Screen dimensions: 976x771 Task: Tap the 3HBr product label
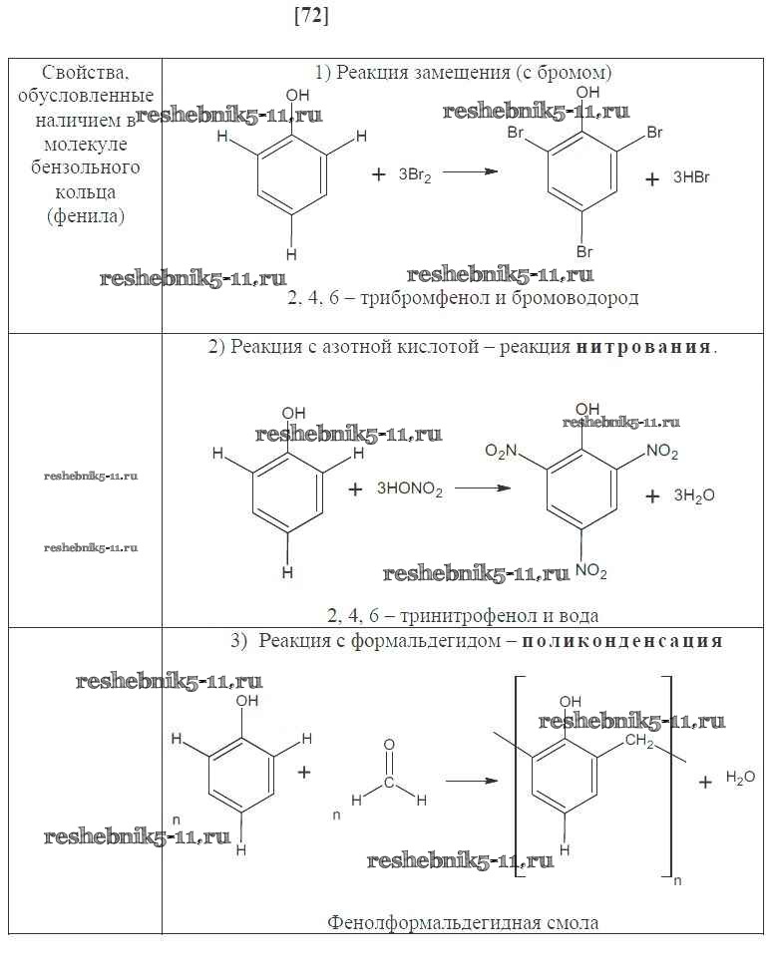click(x=690, y=178)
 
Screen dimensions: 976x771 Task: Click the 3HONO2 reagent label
click(x=410, y=489)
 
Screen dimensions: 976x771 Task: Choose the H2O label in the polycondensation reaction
click(x=740, y=777)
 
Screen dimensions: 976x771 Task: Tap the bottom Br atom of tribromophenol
click(x=584, y=252)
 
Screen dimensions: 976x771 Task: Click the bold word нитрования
click(x=644, y=347)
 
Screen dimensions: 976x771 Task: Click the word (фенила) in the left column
click(x=86, y=214)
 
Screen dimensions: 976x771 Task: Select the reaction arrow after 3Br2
click(x=470, y=172)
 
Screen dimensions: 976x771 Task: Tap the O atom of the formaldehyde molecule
click(x=389, y=745)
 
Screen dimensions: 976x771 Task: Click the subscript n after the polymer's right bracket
click(x=677, y=880)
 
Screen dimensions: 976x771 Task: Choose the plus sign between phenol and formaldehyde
click(x=304, y=773)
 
